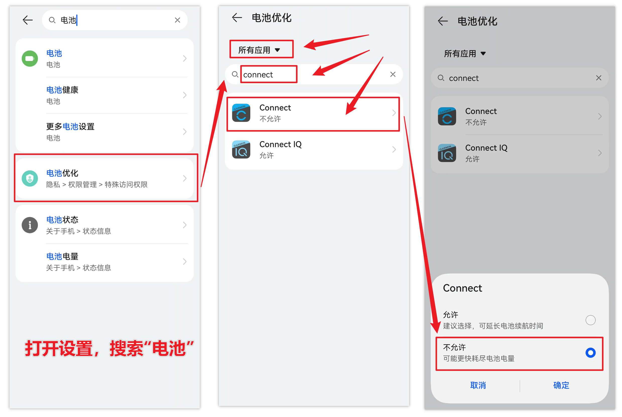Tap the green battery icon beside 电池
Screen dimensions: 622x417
[30, 58]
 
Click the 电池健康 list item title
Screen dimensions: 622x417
[62, 90]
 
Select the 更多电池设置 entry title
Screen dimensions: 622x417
[70, 127]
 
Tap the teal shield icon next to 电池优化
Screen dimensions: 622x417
[30, 178]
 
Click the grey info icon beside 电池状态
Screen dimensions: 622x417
[30, 225]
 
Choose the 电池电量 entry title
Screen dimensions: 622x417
[62, 256]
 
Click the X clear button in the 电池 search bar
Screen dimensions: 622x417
[177, 20]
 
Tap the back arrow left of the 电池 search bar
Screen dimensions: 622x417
[28, 20]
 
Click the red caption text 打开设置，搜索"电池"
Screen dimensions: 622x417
[109, 348]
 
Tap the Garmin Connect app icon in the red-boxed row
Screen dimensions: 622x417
[241, 113]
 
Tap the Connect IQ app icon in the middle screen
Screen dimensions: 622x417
[241, 149]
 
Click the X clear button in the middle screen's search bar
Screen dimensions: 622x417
[393, 74]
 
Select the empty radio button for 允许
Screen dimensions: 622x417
[590, 320]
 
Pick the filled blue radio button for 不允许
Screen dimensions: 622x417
[590, 353]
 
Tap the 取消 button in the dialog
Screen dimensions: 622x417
[478, 385]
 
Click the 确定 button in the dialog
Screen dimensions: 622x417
[561, 385]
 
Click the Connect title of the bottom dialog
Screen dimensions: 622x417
[462, 288]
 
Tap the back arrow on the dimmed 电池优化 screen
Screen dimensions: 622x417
[443, 21]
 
